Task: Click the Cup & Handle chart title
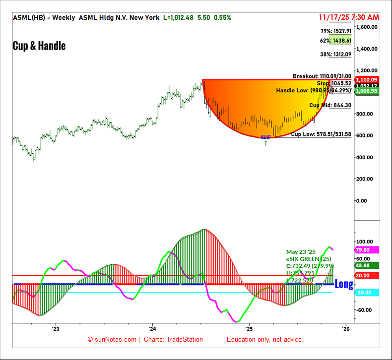[39, 46]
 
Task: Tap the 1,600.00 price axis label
[367, 27]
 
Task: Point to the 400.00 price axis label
[367, 157]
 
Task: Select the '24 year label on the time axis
[152, 329]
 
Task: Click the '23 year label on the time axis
[55, 329]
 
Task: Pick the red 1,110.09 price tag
[367, 79]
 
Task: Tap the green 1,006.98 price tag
[367, 91]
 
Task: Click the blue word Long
[344, 284]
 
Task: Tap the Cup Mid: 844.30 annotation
[330, 105]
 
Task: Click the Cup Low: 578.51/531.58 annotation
[321, 134]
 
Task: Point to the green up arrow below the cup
[266, 143]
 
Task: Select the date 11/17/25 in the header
[335, 17]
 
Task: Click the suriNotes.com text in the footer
[115, 340]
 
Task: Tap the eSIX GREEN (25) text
[309, 259]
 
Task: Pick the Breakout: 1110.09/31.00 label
[322, 76]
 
